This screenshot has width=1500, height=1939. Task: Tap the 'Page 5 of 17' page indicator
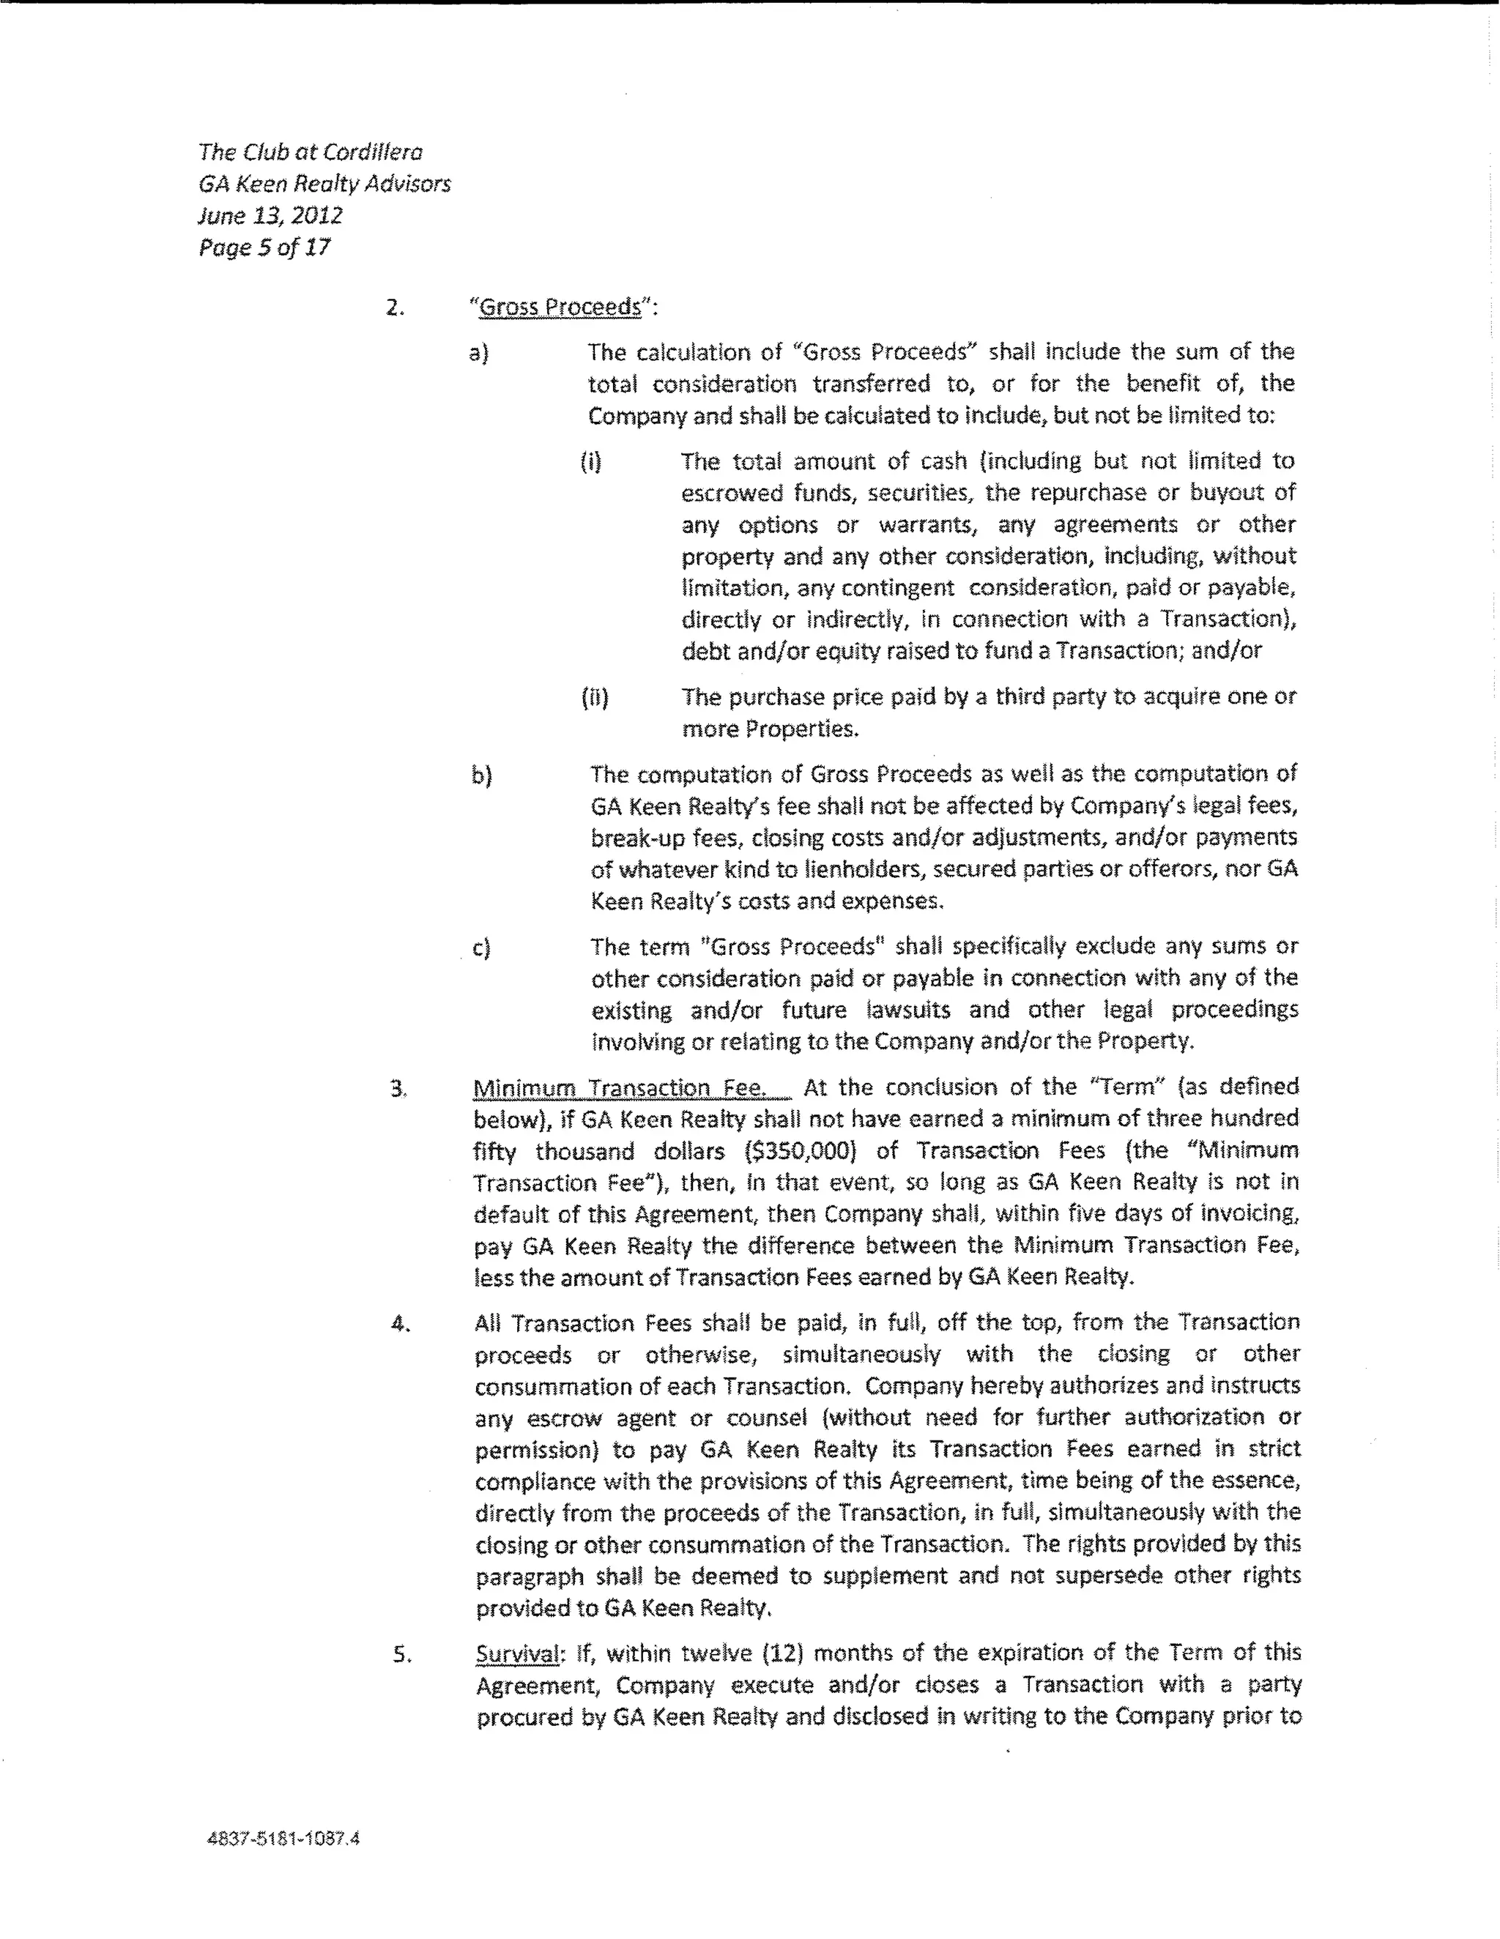(x=264, y=248)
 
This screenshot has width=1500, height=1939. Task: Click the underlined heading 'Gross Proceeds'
(x=560, y=308)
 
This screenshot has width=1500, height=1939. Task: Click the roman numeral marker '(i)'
(x=590, y=461)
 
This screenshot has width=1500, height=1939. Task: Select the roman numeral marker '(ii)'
(x=594, y=698)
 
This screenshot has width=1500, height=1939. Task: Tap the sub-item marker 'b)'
(x=481, y=775)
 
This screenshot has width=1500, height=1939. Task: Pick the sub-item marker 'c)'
(x=481, y=948)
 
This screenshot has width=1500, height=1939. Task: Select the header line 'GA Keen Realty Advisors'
(x=324, y=184)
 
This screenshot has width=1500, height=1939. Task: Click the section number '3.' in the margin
(x=398, y=1088)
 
